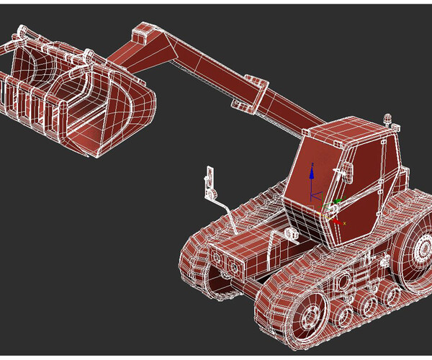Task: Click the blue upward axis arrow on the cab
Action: click(312, 171)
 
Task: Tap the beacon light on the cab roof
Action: click(390, 118)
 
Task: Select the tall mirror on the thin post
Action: click(210, 180)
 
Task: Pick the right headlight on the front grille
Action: click(235, 267)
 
